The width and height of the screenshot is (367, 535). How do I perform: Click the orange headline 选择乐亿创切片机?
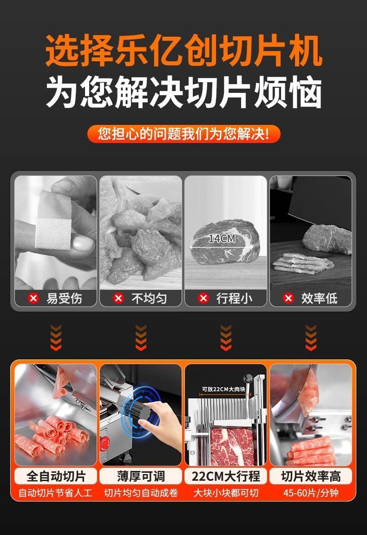183,51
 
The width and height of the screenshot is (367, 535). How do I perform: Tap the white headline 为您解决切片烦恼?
183,92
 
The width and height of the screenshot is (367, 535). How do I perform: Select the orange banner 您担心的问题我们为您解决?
183,134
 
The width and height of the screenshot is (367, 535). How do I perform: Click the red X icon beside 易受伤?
33,298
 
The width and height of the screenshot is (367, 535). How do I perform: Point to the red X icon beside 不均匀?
118,298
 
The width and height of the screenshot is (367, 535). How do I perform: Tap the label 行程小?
234,299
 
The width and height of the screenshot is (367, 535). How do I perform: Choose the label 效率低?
319,299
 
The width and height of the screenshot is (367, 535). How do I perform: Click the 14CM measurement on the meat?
222,239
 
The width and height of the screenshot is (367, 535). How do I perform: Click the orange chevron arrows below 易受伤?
56,338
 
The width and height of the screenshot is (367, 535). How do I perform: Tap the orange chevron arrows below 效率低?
311,338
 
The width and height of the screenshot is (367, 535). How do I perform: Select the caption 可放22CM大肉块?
223,389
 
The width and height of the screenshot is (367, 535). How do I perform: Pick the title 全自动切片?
56,476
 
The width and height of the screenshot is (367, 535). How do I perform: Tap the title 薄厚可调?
141,476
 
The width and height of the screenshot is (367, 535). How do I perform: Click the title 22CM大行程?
226,476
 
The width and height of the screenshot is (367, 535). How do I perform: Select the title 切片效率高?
311,476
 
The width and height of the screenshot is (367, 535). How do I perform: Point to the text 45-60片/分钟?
311,493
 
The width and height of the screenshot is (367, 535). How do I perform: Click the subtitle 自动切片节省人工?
55,493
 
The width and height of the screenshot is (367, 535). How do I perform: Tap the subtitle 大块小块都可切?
226,493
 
